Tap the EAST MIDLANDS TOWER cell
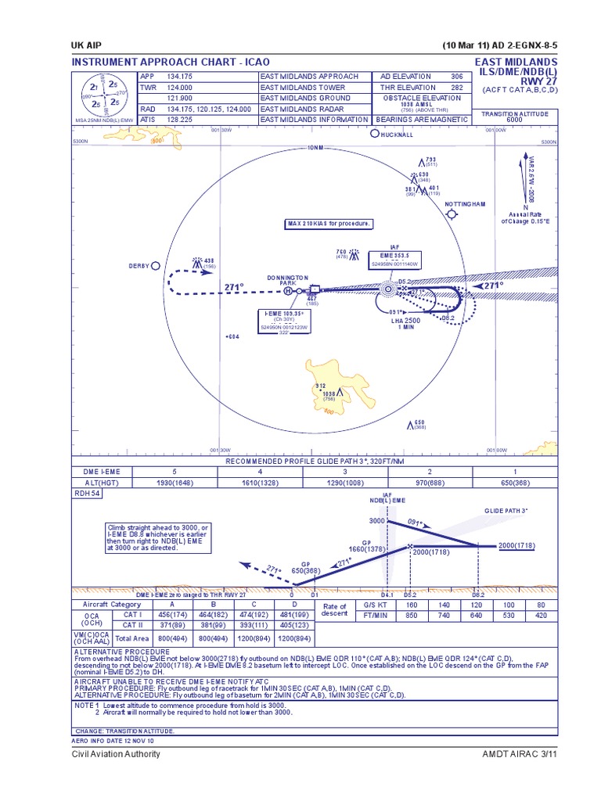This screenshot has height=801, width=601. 304,88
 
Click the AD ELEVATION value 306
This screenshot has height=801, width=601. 456,77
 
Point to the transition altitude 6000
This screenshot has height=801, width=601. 514,120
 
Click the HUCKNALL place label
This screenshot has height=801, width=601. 396,135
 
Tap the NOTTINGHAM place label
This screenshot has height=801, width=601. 465,204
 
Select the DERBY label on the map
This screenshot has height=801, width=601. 139,266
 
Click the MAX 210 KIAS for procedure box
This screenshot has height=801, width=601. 329,224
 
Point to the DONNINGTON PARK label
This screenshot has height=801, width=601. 288,280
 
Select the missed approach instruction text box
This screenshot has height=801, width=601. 158,538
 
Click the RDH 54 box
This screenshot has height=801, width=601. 87,494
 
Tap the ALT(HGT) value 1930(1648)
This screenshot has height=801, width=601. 164,483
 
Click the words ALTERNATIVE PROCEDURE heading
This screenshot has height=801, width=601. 121,651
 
